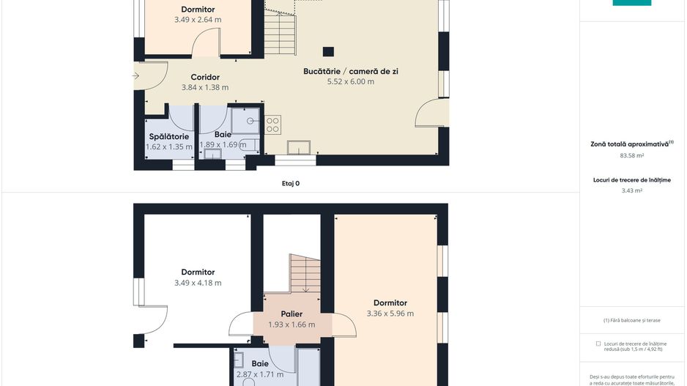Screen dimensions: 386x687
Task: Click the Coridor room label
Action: pyautogui.click(x=205, y=77)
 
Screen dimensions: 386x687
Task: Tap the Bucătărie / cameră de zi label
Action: pyautogui.click(x=351, y=71)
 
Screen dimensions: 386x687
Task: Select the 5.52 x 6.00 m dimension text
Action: pyautogui.click(x=351, y=82)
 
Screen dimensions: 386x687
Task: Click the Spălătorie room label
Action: pyautogui.click(x=169, y=136)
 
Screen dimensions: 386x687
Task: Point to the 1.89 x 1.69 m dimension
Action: pyautogui.click(x=223, y=145)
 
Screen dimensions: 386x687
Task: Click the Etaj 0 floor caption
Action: pyautogui.click(x=291, y=184)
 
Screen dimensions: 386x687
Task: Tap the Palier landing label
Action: pyautogui.click(x=291, y=313)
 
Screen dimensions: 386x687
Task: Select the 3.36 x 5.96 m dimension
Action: pyautogui.click(x=390, y=313)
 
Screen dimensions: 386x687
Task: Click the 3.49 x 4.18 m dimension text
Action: pyautogui.click(x=198, y=283)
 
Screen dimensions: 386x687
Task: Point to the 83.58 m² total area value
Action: pyautogui.click(x=631, y=155)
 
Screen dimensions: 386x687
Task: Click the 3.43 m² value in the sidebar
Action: pyautogui.click(x=631, y=190)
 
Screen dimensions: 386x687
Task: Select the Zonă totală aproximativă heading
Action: pyautogui.click(x=631, y=144)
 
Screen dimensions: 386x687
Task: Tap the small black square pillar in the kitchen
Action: pyautogui.click(x=329, y=51)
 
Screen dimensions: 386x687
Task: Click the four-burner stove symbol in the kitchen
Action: pyautogui.click(x=274, y=125)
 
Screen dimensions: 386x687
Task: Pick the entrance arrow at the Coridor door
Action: pyautogui.click(x=137, y=75)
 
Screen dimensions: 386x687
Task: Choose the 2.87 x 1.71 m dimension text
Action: pyautogui.click(x=260, y=374)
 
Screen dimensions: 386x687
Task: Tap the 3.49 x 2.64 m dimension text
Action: pyautogui.click(x=198, y=20)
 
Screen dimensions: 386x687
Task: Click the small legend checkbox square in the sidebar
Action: pyautogui.click(x=598, y=343)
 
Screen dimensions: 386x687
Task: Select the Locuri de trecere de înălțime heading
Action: pyautogui.click(x=631, y=179)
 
